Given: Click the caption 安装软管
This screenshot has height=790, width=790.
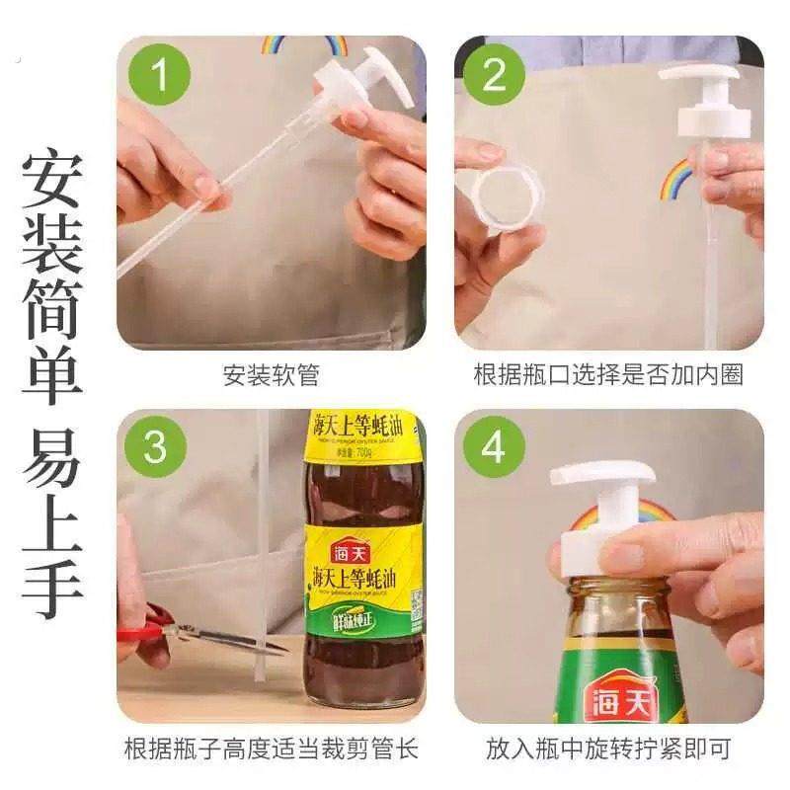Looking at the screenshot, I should click(x=271, y=375).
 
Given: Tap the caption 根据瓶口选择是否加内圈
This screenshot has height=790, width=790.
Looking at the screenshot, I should click(x=608, y=375).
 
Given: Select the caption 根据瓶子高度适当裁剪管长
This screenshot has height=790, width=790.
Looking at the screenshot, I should click(x=271, y=749).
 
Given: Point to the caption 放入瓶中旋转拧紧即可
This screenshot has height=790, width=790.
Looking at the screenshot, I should click(x=608, y=749).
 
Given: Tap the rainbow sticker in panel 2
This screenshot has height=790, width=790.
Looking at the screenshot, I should click(x=677, y=178).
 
